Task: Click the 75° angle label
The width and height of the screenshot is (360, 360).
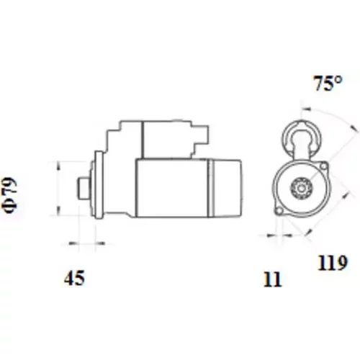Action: click(328, 84)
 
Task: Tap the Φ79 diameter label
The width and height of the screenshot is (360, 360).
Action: click(10, 195)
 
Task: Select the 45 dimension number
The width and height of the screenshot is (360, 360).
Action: click(74, 278)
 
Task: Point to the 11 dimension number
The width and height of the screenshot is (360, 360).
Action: click(272, 279)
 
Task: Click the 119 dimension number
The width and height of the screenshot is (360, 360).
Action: click(333, 263)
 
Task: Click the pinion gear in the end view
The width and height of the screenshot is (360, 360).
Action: click(302, 188)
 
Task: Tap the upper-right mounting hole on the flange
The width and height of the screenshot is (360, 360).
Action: click(324, 166)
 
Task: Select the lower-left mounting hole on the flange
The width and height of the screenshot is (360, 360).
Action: click(279, 211)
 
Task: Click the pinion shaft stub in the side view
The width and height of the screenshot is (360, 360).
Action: click(84, 188)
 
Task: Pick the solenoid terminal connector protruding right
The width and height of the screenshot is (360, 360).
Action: click(200, 138)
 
